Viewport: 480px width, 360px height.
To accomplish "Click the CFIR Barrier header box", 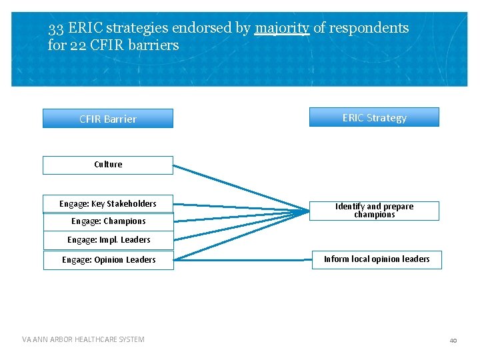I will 107,119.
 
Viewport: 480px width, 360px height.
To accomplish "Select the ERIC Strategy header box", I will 374,117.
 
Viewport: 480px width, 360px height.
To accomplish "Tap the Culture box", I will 107,165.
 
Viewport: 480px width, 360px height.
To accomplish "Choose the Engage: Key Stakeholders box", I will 107,204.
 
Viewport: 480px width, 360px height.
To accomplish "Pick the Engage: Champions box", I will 107,221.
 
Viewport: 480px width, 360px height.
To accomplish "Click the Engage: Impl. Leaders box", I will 108,240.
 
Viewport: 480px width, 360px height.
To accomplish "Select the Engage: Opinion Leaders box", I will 108,260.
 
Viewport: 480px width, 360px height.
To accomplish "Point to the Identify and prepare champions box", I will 374,211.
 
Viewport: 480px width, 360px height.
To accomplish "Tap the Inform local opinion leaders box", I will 377,259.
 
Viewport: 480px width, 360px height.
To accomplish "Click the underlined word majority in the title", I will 281,28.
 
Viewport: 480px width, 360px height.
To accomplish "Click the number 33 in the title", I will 56,28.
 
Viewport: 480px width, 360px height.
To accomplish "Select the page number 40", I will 453,340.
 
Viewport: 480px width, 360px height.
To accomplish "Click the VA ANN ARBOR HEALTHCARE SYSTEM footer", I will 83,339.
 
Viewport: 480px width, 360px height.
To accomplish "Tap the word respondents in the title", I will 369,28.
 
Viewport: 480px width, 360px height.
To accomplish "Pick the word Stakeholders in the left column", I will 132,204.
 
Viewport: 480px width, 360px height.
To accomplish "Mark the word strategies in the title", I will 137,28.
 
